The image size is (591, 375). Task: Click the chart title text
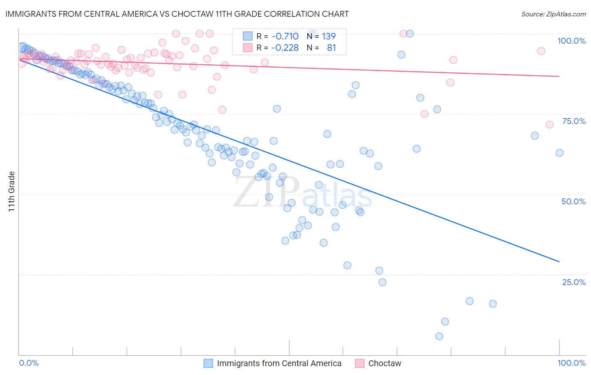tap(177, 14)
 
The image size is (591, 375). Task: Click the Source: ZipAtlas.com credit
tap(553, 14)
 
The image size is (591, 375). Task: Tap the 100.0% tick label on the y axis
tap(571, 41)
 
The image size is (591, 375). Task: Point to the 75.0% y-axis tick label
tap(574, 121)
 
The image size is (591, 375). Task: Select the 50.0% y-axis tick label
tap(573, 201)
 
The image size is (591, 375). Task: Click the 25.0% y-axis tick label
tap(574, 282)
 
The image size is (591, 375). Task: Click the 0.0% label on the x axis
tap(29, 363)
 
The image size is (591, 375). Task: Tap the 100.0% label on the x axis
tap(571, 363)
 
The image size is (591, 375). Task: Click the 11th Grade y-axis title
tap(12, 191)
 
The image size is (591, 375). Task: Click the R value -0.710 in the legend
tap(285, 36)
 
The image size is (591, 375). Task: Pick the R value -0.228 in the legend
tap(285, 48)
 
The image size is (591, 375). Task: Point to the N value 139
tap(329, 36)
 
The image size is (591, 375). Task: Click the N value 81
tap(331, 48)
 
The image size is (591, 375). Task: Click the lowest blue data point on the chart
tap(439, 336)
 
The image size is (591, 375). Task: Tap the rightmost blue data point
tap(559, 153)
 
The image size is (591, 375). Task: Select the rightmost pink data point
tap(549, 124)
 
